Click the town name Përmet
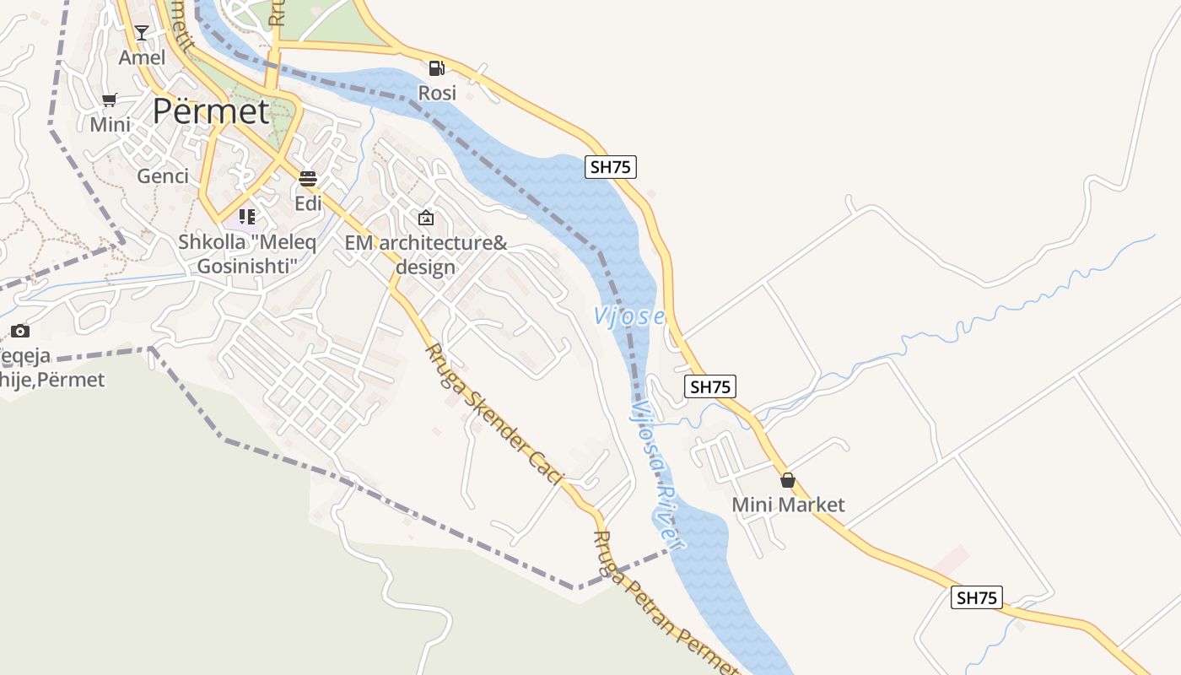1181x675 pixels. [211, 111]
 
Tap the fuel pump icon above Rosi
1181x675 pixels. [436, 68]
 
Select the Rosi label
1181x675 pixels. [437, 93]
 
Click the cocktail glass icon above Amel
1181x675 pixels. [141, 33]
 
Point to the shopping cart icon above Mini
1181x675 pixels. [109, 100]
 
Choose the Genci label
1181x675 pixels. [163, 176]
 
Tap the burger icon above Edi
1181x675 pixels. [308, 179]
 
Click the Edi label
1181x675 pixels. [308, 203]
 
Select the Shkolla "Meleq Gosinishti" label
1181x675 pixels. [247, 254]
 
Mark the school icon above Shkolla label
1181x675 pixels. [247, 217]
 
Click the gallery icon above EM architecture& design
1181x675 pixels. [426, 218]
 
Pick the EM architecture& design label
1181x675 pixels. [426, 255]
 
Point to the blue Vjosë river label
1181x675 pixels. [629, 317]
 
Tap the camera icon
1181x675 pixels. [20, 331]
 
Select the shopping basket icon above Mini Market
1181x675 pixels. [788, 480]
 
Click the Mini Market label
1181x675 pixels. [788, 505]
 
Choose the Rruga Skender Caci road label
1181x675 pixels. [494, 414]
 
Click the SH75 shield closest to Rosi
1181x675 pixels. [611, 167]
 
